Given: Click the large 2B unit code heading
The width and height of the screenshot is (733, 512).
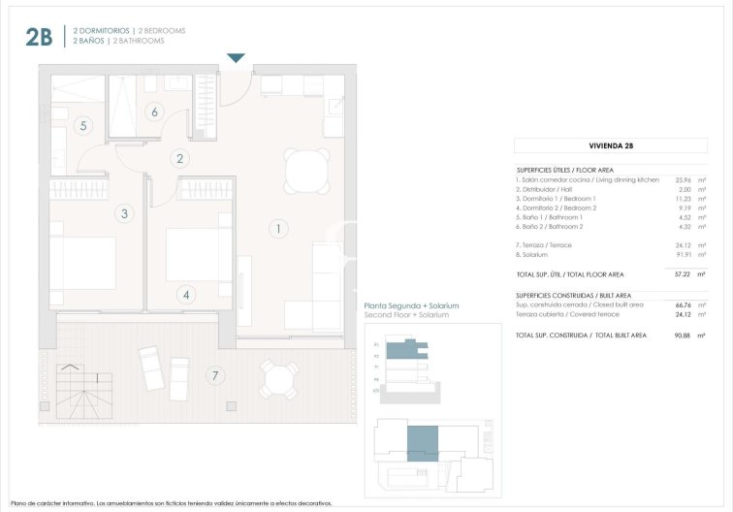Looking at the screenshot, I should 39,38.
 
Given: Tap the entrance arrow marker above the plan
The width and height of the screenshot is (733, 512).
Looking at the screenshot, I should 236,58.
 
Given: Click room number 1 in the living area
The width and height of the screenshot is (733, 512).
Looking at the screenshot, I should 277,230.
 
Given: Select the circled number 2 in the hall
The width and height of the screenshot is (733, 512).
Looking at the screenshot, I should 180,159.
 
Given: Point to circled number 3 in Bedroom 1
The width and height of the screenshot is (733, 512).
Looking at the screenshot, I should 124,213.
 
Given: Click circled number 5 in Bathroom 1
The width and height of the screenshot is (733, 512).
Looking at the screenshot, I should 83,125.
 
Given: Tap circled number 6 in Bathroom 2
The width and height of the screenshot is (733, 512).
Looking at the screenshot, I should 154,112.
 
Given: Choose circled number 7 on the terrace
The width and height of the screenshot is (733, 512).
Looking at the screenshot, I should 214,374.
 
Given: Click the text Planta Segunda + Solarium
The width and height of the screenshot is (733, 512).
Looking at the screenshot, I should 411,306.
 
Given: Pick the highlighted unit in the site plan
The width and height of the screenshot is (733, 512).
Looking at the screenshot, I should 422,443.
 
